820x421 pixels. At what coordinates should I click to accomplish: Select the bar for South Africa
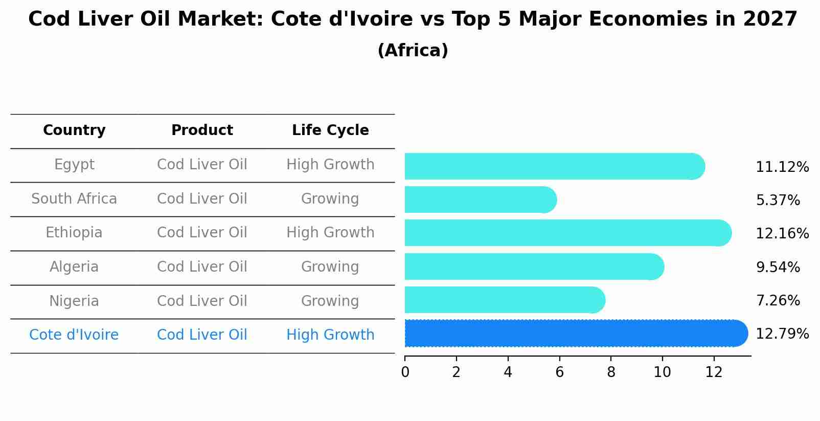click(x=480, y=200)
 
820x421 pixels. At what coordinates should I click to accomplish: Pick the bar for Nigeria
click(x=504, y=300)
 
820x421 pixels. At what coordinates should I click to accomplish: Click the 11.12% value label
click(x=782, y=167)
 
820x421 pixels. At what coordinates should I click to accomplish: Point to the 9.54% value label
click(x=778, y=267)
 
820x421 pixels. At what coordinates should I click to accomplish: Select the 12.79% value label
click(x=782, y=334)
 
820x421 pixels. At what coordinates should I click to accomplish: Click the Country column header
click(x=74, y=130)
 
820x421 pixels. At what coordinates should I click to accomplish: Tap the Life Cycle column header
click(x=330, y=130)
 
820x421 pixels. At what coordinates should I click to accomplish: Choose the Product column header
click(x=202, y=130)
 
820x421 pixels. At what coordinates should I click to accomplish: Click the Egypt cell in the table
click(x=74, y=165)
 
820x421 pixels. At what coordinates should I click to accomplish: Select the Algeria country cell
click(x=74, y=267)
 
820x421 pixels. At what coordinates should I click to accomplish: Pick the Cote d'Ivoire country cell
click(x=74, y=335)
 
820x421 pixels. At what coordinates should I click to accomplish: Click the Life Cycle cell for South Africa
click(x=330, y=199)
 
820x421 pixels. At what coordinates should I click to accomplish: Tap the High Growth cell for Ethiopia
click(x=330, y=233)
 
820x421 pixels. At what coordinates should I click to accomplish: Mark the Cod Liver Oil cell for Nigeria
click(x=202, y=301)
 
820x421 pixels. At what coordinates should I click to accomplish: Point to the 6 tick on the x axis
click(x=559, y=372)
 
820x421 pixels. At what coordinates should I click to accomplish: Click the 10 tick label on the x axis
click(x=662, y=372)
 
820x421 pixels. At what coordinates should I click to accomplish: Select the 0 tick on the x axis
click(x=405, y=372)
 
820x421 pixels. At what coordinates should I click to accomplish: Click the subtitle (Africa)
click(x=413, y=51)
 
